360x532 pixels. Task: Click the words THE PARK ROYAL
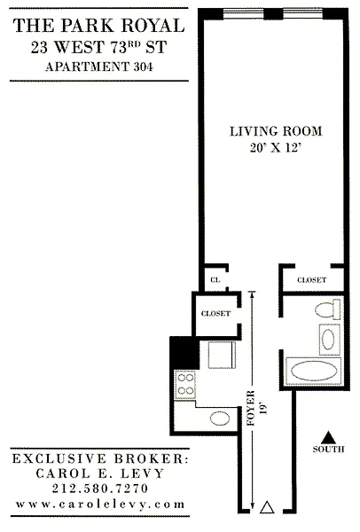98,26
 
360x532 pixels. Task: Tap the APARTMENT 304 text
98,66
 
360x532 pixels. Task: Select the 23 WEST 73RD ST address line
98,47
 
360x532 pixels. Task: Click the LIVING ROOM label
276,131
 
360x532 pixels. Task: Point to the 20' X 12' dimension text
276,148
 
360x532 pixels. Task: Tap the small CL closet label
215,280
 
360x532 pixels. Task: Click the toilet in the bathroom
328,309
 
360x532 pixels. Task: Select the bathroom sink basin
328,340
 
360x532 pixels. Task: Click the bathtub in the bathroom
314,371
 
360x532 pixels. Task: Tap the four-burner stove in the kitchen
185,385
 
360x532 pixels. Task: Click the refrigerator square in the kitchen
222,355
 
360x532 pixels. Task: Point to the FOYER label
251,408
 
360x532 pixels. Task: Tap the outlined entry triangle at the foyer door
267,507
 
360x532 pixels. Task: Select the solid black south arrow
328,437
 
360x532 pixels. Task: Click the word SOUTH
328,450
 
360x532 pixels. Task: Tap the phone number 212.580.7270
100,489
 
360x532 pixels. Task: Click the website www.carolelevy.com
100,505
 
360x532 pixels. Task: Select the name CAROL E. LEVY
100,473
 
